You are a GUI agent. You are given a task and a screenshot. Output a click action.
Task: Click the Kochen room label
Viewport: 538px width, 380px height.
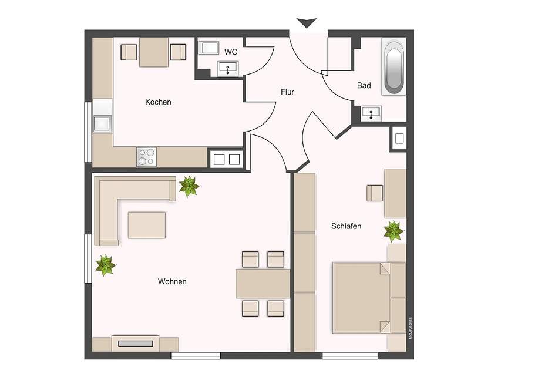coord(158,102)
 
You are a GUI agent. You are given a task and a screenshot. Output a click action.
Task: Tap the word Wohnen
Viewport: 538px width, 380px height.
coord(172,282)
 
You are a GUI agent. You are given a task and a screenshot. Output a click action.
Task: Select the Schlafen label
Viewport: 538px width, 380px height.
coord(346,226)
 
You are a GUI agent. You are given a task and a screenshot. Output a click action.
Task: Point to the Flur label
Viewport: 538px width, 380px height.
coord(287,92)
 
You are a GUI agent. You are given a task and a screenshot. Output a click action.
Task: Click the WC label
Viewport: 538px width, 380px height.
coord(231,52)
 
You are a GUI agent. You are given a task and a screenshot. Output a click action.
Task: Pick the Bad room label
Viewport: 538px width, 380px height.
coord(364,86)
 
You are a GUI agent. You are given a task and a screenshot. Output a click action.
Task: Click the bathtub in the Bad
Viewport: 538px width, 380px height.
coord(393,67)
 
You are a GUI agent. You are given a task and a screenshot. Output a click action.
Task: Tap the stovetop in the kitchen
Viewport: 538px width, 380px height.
coord(147,157)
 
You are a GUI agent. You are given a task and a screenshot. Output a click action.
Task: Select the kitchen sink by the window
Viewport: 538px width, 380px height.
coord(102,124)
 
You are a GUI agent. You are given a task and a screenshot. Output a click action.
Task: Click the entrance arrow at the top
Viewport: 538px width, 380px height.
coord(306,23)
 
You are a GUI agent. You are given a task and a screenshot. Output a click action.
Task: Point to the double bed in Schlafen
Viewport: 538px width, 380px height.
coord(362,297)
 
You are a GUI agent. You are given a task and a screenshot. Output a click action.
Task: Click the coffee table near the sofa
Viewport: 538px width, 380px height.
coord(146,225)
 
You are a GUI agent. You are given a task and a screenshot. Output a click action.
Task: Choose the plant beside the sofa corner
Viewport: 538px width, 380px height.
coord(189,187)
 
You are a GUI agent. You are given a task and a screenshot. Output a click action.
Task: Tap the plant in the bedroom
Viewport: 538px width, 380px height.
coord(393,231)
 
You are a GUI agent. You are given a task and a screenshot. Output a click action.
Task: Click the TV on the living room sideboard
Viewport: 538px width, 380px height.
coord(135,343)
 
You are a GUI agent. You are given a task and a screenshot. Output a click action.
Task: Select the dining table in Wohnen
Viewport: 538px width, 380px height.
coord(263,284)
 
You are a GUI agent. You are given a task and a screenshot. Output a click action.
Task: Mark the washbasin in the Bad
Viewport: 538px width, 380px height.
coord(371,113)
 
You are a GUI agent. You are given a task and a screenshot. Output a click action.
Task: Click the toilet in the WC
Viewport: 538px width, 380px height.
coord(209,48)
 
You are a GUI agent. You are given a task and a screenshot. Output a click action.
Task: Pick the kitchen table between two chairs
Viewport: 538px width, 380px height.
coord(154,52)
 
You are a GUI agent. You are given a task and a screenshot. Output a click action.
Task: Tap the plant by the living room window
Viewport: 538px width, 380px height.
coord(106,265)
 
